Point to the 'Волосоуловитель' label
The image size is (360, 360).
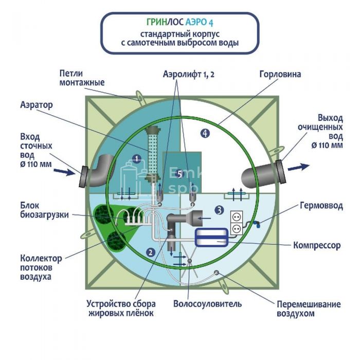click(207, 303)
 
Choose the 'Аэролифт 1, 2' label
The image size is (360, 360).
click(189, 74)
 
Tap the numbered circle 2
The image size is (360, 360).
click(151, 252)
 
